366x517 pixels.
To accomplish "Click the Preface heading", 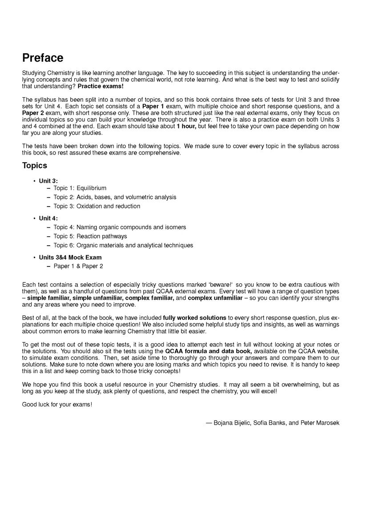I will (43, 58).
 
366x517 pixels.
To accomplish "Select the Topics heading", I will (35, 166).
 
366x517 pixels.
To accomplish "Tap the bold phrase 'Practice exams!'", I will (101, 86).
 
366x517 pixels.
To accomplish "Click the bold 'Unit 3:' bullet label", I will (48, 181).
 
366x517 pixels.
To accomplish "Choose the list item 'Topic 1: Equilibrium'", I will (80, 188).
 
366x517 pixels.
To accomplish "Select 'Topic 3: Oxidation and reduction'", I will (97, 206).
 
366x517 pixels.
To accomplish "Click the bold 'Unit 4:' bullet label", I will (48, 219).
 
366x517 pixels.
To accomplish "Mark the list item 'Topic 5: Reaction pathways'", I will (90, 236).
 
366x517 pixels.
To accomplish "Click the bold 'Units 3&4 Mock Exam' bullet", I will (70, 258).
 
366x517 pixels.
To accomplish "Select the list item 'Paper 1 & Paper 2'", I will (78, 266).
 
